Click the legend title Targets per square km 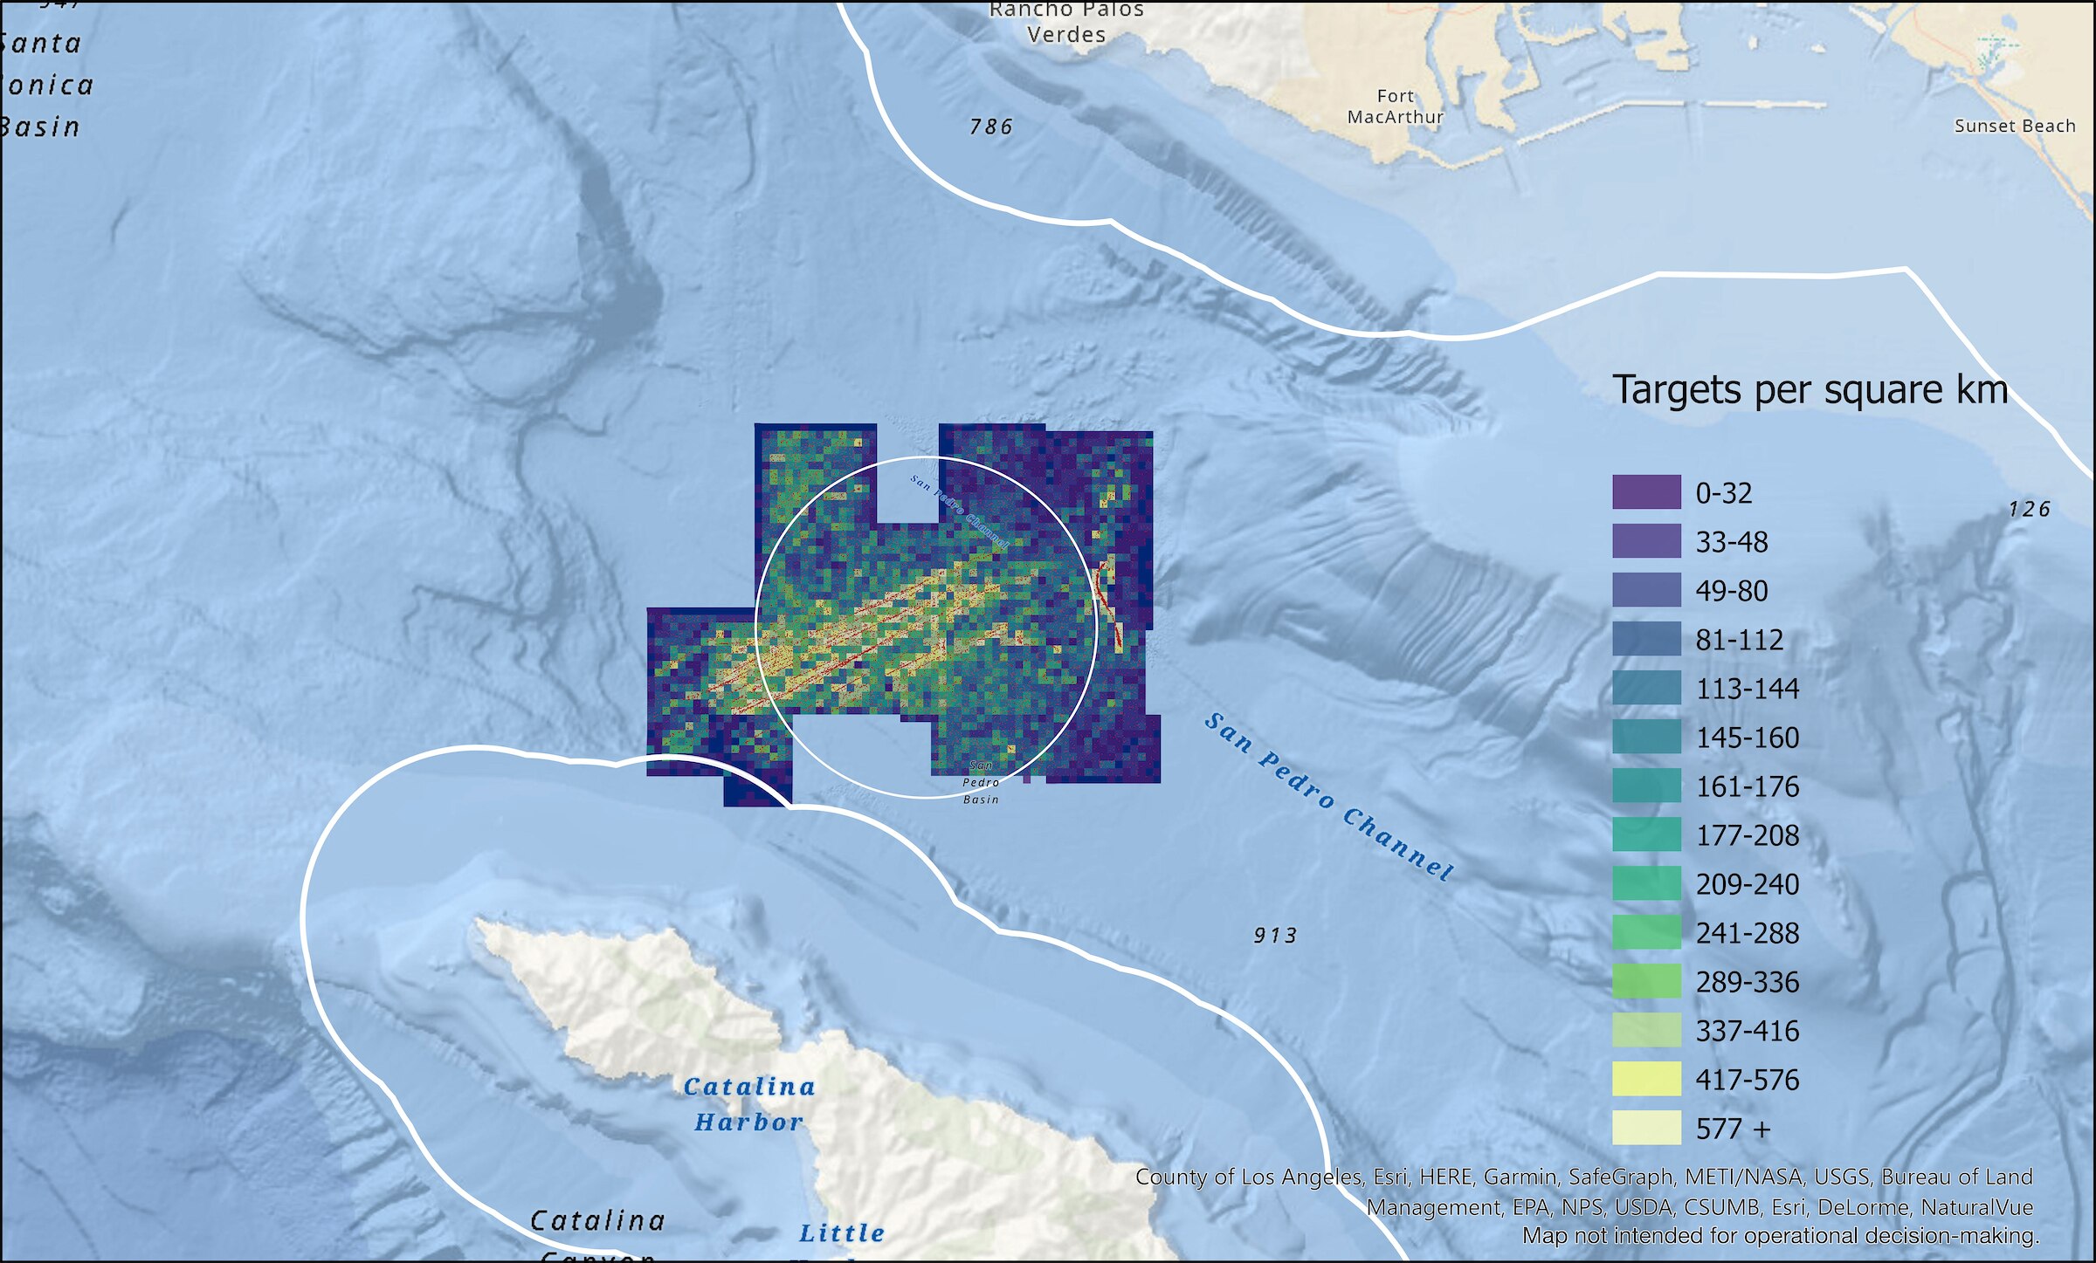pyautogui.click(x=1810, y=390)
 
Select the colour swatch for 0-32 pyautogui.click(x=1646, y=492)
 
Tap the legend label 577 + pyautogui.click(x=1733, y=1129)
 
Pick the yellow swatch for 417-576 pyautogui.click(x=1646, y=1079)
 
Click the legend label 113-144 pyautogui.click(x=1747, y=689)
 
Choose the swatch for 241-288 pyautogui.click(x=1646, y=932)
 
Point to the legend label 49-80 pyautogui.click(x=1731, y=591)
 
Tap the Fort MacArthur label pyautogui.click(x=1395, y=106)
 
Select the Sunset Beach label pyautogui.click(x=2014, y=126)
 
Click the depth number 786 pyautogui.click(x=991, y=127)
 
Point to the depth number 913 pyautogui.click(x=1275, y=936)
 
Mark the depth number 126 pyautogui.click(x=2029, y=509)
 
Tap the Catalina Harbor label pyautogui.click(x=749, y=1104)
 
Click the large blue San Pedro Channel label pyautogui.click(x=1328, y=796)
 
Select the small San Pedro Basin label pyautogui.click(x=981, y=782)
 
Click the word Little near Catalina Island pyautogui.click(x=842, y=1233)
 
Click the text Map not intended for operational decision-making pyautogui.click(x=1780, y=1236)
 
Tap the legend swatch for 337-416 pyautogui.click(x=1646, y=1030)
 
